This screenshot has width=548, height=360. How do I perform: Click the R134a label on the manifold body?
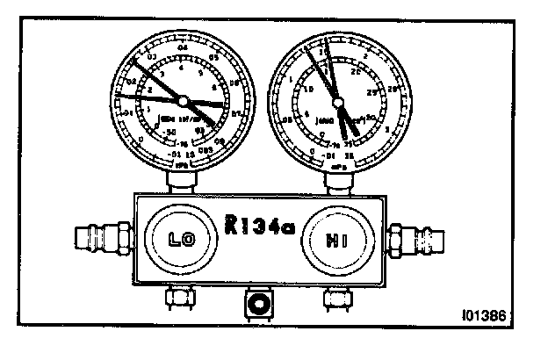(261, 227)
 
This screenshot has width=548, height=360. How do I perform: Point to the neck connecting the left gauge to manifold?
(182, 180)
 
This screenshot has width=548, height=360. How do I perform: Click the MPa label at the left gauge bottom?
(181, 162)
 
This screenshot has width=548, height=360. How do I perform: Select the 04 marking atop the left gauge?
(183, 45)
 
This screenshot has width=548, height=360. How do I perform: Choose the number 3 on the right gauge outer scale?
(387, 130)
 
